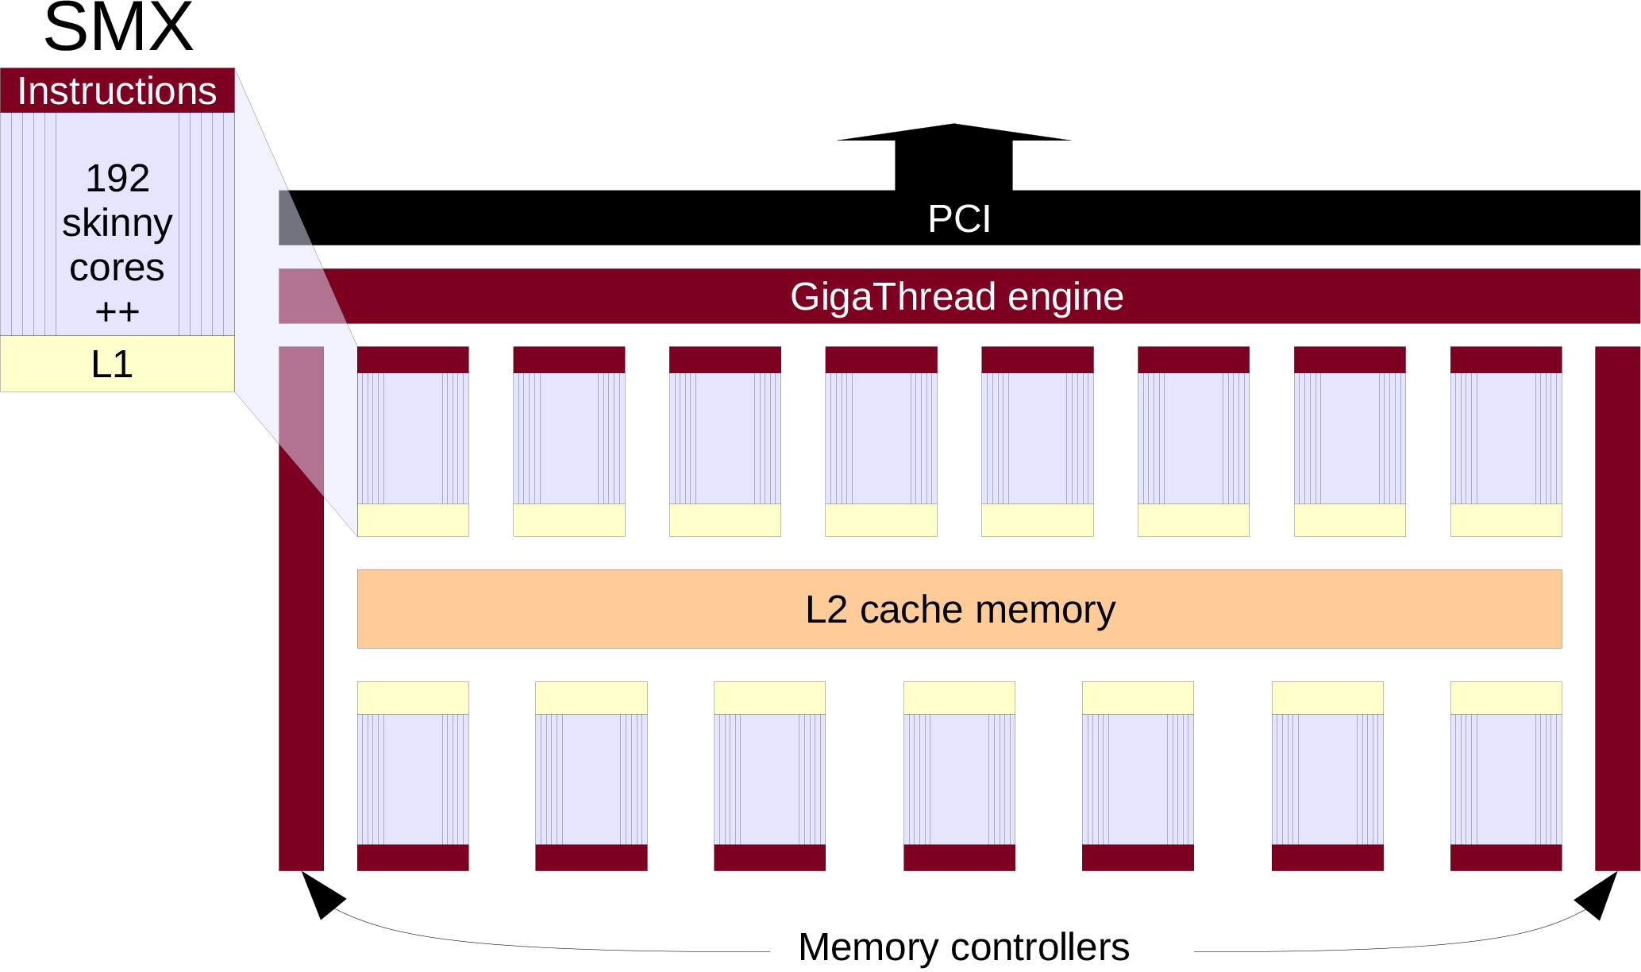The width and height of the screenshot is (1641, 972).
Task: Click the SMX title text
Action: point(118,29)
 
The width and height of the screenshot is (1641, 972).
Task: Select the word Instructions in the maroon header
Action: point(117,91)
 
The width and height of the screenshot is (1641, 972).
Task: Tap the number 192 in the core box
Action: point(117,178)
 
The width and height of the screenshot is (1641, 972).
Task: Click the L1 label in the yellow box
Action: point(112,364)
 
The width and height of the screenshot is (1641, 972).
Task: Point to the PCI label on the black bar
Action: point(959,219)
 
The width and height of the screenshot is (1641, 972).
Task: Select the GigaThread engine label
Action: point(957,297)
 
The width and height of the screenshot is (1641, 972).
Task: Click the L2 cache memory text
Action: point(960,610)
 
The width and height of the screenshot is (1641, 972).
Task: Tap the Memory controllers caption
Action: point(963,947)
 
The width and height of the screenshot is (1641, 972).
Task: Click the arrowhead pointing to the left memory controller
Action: point(320,895)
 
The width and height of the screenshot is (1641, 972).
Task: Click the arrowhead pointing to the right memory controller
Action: point(1598,895)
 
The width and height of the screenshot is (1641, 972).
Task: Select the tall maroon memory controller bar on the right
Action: point(1617,608)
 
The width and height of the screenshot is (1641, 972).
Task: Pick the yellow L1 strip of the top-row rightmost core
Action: point(1506,520)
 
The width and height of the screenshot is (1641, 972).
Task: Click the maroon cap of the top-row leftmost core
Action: point(413,360)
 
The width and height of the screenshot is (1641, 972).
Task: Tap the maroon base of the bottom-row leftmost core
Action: point(413,858)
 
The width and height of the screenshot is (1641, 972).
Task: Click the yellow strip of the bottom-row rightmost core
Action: point(1506,698)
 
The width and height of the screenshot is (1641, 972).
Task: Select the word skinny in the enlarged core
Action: point(117,223)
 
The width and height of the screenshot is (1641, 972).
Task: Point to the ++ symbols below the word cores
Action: point(117,311)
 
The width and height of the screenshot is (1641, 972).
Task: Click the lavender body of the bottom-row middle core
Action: point(959,779)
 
